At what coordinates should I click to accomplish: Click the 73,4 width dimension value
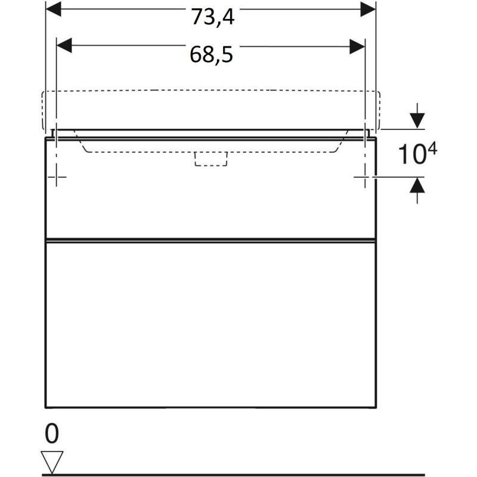coord(213,17)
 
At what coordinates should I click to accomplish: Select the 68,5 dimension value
coord(212,55)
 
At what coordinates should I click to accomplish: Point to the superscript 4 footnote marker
coord(432,150)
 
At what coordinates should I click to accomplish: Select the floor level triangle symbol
coord(52,462)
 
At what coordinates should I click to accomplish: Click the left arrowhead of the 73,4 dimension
coord(53,9)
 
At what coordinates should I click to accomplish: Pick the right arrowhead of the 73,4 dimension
coord(368,9)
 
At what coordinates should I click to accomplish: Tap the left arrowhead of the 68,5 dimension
coord(64,46)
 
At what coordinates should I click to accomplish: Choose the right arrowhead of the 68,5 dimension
coord(357,47)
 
